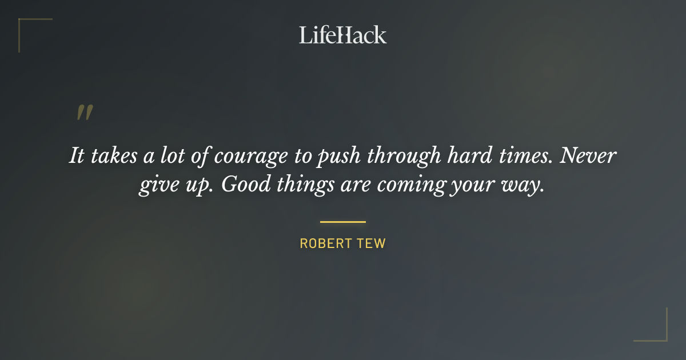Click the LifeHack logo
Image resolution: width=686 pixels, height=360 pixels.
(342, 35)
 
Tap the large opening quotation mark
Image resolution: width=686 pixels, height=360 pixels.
(85, 113)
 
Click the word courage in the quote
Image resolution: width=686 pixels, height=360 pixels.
(247, 156)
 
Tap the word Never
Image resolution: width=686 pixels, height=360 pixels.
(588, 155)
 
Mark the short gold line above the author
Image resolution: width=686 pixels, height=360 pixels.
(343, 222)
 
